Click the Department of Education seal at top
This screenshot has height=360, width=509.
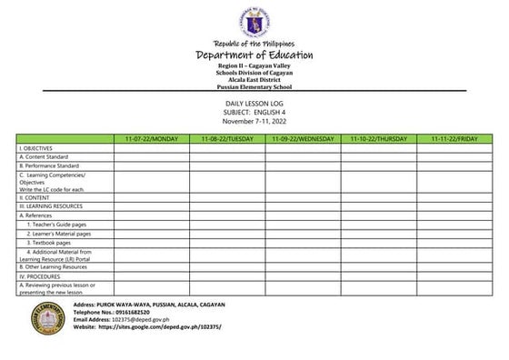(x=254, y=23)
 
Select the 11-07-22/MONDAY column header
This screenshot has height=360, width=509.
(x=151, y=139)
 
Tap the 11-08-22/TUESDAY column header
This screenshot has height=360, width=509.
(x=227, y=139)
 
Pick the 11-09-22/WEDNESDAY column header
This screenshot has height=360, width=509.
(x=303, y=139)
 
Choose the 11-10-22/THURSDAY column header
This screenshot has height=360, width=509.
(x=378, y=139)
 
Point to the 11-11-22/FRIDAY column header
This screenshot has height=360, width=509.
(x=454, y=139)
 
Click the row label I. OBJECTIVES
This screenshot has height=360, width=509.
(x=36, y=148)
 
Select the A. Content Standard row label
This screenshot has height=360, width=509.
(x=44, y=157)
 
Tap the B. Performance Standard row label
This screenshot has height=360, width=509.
(x=50, y=166)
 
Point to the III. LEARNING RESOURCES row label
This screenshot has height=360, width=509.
(x=51, y=206)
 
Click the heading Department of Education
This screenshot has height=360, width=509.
(x=254, y=55)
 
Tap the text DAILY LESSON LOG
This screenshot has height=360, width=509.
(x=254, y=105)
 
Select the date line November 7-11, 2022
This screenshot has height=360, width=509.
(x=254, y=121)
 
